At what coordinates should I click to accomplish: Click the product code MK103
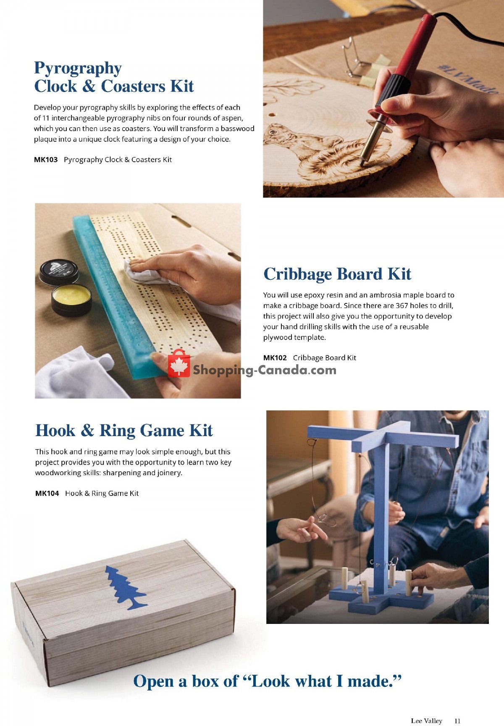pos(45,160)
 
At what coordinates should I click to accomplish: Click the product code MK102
pos(275,358)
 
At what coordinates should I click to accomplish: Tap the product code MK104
pos(47,493)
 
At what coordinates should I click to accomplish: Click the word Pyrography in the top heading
pos(78,68)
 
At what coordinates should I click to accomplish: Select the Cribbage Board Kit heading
pos(337,274)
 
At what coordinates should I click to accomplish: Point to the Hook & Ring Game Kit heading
pos(124,431)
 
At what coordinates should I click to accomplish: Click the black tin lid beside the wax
pos(59,271)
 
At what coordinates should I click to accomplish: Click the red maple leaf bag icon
pos(179,364)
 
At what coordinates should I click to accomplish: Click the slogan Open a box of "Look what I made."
pos(267,681)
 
